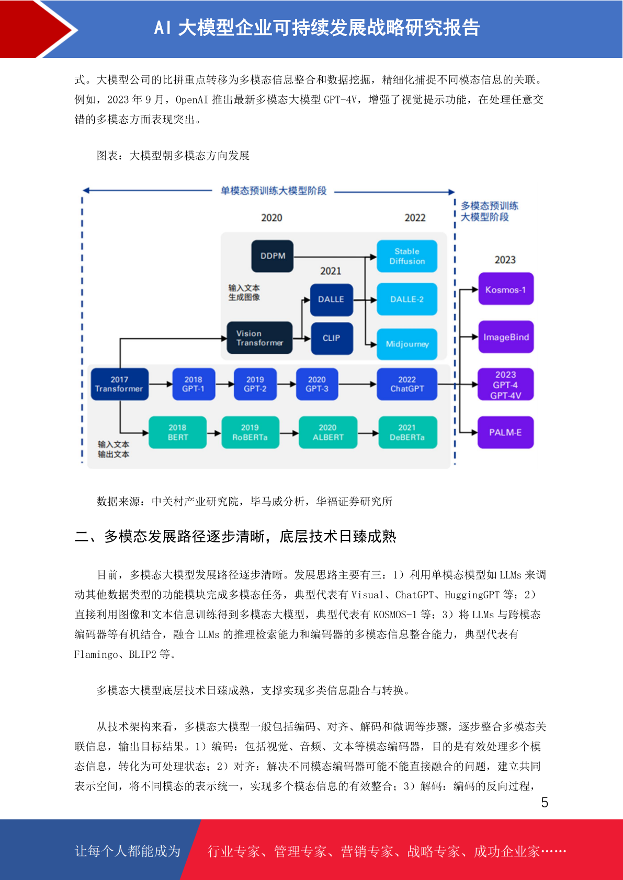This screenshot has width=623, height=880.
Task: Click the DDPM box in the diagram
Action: coord(272,256)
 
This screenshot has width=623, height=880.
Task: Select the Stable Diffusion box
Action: coord(406,256)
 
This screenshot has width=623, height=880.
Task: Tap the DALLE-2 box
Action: coord(406,299)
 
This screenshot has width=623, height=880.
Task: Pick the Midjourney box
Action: coord(406,344)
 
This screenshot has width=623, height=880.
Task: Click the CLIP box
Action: coord(332,338)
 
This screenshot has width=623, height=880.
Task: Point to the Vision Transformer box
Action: coord(259,338)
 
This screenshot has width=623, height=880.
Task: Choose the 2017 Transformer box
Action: coord(120,384)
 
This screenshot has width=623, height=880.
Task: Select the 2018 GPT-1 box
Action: coord(194,384)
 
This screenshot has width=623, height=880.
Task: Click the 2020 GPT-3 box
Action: coord(317,384)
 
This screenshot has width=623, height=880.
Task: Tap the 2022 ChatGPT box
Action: coord(406,384)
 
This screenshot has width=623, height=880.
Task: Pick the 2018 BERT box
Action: coord(177,432)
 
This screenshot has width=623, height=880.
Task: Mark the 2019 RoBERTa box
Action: coord(250,432)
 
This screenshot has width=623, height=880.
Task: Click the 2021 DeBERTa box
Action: coord(407,432)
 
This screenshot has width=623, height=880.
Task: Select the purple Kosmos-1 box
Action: coord(506,289)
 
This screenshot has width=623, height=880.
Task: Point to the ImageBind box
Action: coord(506,337)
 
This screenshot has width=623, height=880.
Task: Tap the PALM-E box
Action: coord(505,432)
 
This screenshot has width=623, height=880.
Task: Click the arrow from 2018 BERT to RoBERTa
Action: coord(214,433)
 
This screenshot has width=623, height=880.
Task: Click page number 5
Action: coord(545,802)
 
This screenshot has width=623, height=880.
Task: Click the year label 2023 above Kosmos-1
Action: coord(505,260)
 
